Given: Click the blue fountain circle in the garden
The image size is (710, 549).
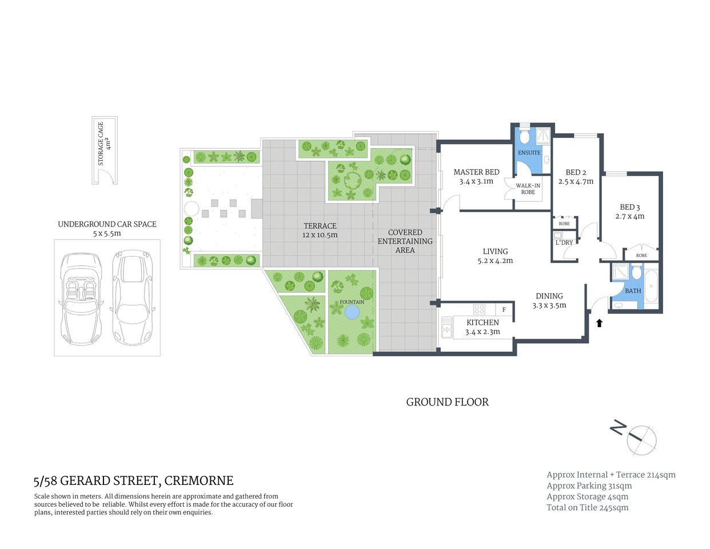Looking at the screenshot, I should pos(352,312).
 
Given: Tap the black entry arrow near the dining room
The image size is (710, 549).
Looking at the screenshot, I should pos(599,323).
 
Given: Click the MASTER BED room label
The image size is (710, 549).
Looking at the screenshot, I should pos(476,172).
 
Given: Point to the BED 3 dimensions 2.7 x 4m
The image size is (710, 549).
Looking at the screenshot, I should pos(630,217).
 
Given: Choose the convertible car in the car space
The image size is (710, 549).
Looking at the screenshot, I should pos(81,297).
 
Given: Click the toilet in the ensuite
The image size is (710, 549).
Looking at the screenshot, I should pos(525,137).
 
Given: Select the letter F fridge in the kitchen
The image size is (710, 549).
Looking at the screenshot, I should pos(504,310).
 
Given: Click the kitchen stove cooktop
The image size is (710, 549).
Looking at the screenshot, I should pos(480,309).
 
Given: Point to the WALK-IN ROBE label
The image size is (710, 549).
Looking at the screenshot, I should pos(528,189).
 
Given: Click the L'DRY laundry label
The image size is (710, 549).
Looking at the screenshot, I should pos(564,242).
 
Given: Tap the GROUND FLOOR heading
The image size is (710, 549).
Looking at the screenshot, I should pos(447,402).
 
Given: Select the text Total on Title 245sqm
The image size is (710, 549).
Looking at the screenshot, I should pos(587,507).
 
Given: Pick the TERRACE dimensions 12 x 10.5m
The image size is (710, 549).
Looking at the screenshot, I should pos(320,235).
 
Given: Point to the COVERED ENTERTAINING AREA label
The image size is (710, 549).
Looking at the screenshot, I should pos(405,241).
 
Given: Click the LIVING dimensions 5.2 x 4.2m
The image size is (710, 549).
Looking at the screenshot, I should pos(495,261).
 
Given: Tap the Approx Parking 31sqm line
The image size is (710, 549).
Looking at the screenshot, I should pos(589,486).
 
